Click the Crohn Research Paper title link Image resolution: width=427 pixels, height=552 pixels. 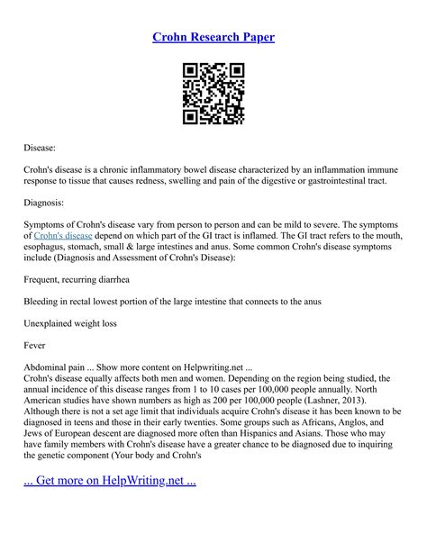point(213,37)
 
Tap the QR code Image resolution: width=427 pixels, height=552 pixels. point(213,93)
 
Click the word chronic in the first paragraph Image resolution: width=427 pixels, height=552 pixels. point(119,167)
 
